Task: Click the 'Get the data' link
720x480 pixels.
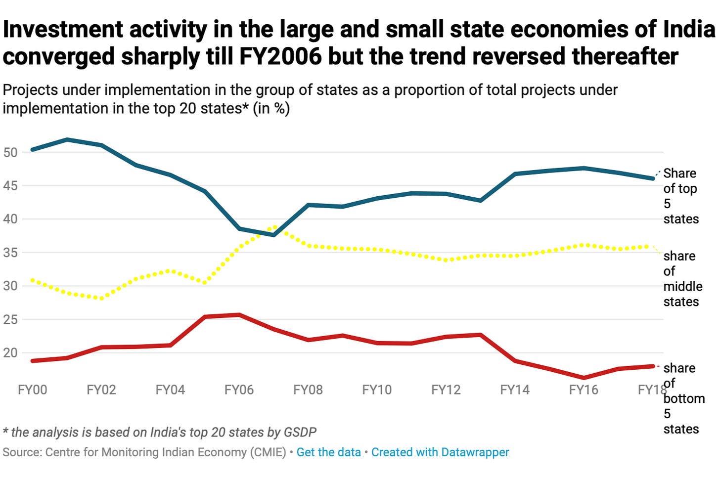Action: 328,452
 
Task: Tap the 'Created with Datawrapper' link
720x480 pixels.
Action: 440,452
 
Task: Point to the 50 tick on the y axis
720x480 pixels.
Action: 10,152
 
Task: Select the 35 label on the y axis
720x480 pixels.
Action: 10,253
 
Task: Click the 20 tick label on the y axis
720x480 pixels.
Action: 10,353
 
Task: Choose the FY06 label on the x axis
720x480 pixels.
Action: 239,390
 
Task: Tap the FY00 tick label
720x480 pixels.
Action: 33,390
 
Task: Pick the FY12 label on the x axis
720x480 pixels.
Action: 446,390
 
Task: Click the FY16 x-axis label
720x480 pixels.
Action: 584,390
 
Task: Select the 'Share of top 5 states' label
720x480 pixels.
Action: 680,196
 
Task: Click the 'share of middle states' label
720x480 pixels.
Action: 682,279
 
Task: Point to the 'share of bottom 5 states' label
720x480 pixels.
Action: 683,398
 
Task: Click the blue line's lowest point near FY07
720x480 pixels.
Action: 273,235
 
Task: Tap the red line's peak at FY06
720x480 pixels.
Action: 239,314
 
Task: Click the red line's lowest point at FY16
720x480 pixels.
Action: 584,378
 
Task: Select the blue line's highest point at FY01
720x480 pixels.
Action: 67,139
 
